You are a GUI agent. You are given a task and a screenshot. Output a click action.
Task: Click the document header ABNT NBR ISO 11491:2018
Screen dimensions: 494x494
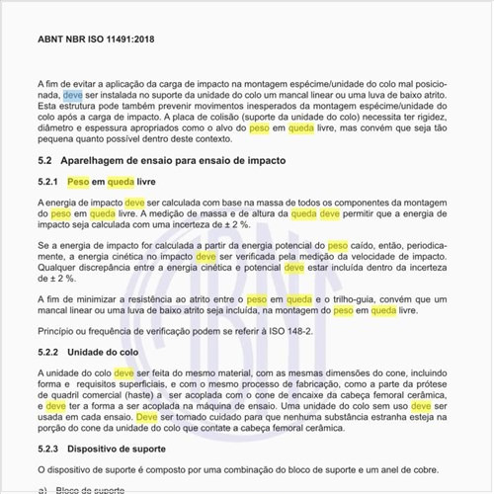96,41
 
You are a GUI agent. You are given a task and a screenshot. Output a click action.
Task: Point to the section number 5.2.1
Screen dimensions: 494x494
48,182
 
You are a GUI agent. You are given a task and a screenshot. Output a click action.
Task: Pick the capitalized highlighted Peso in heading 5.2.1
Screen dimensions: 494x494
79,182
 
